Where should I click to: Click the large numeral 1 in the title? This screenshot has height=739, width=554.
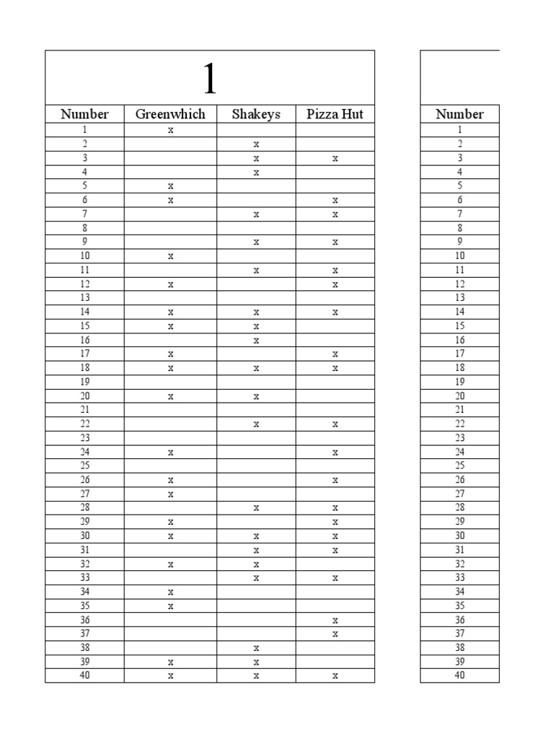point(209,79)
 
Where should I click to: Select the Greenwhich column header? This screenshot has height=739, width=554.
point(170,114)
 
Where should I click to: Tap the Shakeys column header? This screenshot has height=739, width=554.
point(256,114)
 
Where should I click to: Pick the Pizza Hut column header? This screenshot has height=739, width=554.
point(335,114)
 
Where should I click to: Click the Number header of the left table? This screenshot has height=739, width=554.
point(84,114)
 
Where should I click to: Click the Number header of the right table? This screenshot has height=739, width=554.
point(460,114)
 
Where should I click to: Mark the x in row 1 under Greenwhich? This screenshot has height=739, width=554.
point(171,131)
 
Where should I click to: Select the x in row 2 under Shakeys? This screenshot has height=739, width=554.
point(256,144)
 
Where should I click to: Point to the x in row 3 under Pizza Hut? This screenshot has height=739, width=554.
point(335,159)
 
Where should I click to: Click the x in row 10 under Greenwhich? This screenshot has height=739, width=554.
point(171,256)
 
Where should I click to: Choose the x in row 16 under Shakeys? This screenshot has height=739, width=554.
point(256,341)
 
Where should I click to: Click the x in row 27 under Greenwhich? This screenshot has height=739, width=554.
point(171,494)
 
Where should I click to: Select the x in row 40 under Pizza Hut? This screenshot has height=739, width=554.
point(335,676)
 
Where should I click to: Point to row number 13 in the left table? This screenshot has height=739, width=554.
point(84,298)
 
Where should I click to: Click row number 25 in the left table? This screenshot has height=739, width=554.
point(84,466)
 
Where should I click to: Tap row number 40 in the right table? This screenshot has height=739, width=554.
point(460,676)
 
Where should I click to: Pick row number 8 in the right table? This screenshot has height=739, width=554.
point(460,228)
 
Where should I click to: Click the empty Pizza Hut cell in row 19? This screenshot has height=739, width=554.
point(335,382)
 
